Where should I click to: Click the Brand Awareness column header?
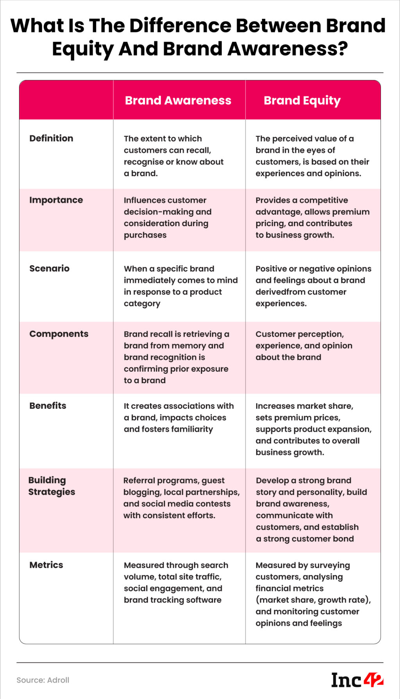pyautogui.click(x=178, y=100)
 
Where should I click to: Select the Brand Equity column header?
pyautogui.click(x=302, y=100)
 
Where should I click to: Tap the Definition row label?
pyautogui.click(x=51, y=138)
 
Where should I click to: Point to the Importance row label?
pyautogui.click(x=56, y=200)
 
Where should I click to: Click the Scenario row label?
pyautogui.click(x=49, y=268)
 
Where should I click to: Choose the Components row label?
pyautogui.click(x=59, y=334)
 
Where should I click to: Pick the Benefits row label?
pyautogui.click(x=48, y=405)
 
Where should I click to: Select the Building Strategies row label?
pyautogui.click(x=52, y=486)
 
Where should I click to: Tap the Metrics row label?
pyautogui.click(x=46, y=565)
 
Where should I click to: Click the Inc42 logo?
pyautogui.click(x=357, y=680)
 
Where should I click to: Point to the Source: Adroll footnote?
pyautogui.click(x=43, y=680)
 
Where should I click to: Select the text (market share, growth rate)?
pyautogui.click(x=313, y=600)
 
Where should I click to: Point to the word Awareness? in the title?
pyautogui.click(x=287, y=49)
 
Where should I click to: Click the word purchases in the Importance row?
pyautogui.click(x=145, y=235)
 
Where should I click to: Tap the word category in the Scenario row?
pyautogui.click(x=142, y=304)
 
